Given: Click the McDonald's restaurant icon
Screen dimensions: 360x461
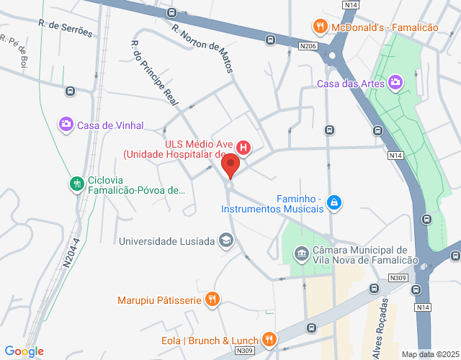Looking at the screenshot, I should coord(321,27).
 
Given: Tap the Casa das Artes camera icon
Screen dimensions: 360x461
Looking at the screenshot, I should coord(395,84).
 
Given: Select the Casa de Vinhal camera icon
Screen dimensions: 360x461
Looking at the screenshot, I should coord(66,125).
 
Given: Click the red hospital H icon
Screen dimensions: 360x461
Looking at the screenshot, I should coord(243,148).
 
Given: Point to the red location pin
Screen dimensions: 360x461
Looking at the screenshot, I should coord(231,166).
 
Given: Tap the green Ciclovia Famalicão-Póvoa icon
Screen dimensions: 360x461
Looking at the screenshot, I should coord(76,184).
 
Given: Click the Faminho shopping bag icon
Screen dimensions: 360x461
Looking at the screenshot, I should coord(334,203).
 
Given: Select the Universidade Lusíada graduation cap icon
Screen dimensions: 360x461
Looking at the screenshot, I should coord(226,240).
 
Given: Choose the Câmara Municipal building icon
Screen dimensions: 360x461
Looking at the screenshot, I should coord(301,253).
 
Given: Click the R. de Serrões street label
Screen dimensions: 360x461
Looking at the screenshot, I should coord(66,29).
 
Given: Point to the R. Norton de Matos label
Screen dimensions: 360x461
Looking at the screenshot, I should coord(205,49).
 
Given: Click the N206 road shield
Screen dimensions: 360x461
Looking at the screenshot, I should coord(308,46).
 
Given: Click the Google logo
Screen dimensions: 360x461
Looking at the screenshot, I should coord(24,351).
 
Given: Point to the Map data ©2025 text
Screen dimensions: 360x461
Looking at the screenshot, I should coord(429,354).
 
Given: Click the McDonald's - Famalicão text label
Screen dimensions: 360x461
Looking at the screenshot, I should coord(385,27).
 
